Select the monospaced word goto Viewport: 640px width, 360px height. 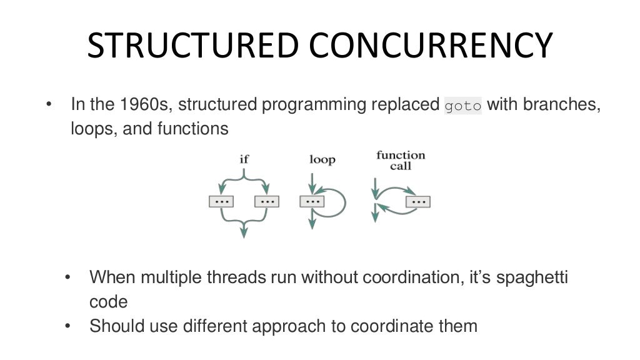click(x=463, y=106)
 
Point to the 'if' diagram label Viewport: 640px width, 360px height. click(x=244, y=159)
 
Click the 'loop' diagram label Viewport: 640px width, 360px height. click(x=322, y=159)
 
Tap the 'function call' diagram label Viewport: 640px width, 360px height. click(x=401, y=160)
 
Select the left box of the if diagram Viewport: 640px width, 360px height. click(x=221, y=202)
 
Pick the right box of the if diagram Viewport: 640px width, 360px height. click(x=267, y=202)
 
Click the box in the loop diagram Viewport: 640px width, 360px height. click(x=312, y=202)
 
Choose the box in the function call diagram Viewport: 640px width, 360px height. click(x=418, y=202)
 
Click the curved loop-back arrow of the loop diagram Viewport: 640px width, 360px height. click(x=341, y=201)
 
